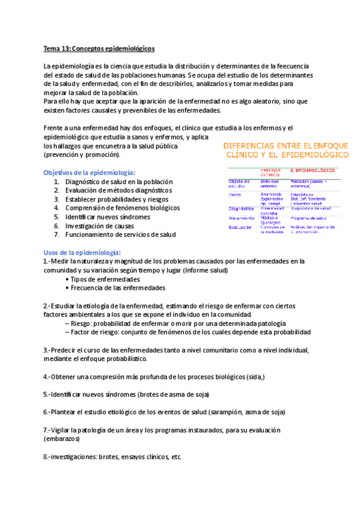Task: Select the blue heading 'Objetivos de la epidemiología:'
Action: (90, 172)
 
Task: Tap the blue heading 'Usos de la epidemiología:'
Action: (82, 252)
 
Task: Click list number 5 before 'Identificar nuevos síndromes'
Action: (56, 217)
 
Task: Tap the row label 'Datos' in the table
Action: (235, 194)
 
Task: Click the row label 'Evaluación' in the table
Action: (240, 227)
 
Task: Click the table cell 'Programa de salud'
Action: (308, 218)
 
